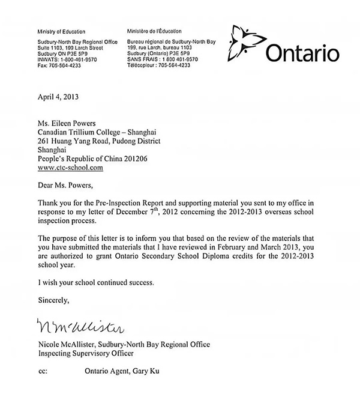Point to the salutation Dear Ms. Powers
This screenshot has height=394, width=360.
tap(62, 186)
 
